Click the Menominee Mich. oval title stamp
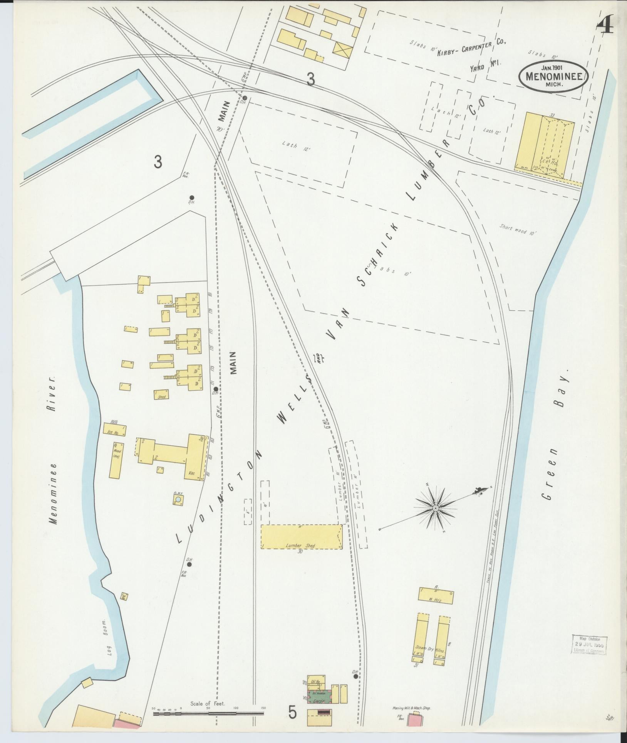pyautogui.click(x=553, y=76)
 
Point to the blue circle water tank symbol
pyautogui.click(x=178, y=500)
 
